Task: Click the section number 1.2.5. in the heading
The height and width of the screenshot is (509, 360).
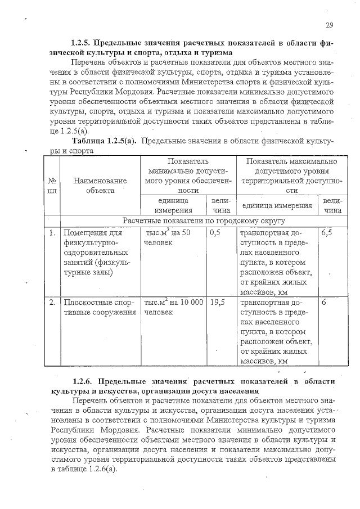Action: pos(81,43)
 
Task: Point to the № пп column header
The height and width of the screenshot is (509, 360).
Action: pos(52,186)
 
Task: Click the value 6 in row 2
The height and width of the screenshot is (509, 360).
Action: pos(324,302)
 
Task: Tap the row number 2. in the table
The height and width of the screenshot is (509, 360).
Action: pos(52,302)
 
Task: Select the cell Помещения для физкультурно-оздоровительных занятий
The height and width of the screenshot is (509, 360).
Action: pos(95,253)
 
